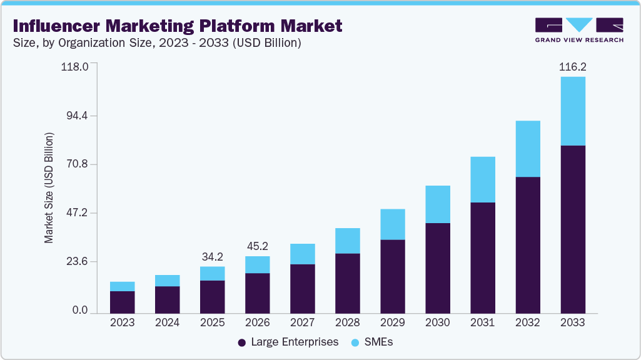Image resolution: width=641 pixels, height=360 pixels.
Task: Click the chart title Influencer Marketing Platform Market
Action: pyautogui.click(x=178, y=26)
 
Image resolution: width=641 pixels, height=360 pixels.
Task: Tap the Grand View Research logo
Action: pyautogui.click(x=579, y=30)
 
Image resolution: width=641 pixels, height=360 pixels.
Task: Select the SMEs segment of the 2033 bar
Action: pyautogui.click(x=572, y=111)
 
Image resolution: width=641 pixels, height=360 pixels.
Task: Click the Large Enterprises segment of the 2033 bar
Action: pyautogui.click(x=572, y=229)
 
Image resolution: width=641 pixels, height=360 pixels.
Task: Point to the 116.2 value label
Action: pyautogui.click(x=572, y=66)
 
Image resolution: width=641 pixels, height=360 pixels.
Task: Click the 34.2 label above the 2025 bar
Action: pyautogui.click(x=212, y=257)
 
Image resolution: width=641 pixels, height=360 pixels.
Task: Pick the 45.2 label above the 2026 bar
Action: pyautogui.click(x=257, y=246)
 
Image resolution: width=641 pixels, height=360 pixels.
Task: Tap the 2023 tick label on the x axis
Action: pyautogui.click(x=122, y=323)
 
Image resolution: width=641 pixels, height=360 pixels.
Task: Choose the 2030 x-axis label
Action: pyautogui.click(x=437, y=323)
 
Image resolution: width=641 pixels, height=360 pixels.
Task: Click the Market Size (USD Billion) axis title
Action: pyautogui.click(x=49, y=188)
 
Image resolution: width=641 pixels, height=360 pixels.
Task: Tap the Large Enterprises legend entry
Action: pyautogui.click(x=288, y=342)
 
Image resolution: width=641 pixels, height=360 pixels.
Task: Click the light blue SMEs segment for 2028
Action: pyautogui.click(x=347, y=241)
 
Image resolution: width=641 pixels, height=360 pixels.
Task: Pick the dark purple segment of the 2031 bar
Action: pyautogui.click(x=482, y=257)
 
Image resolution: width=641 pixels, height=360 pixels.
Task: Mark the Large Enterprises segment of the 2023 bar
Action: pyautogui.click(x=122, y=302)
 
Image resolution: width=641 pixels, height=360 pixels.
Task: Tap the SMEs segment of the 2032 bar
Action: pyautogui.click(x=527, y=149)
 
